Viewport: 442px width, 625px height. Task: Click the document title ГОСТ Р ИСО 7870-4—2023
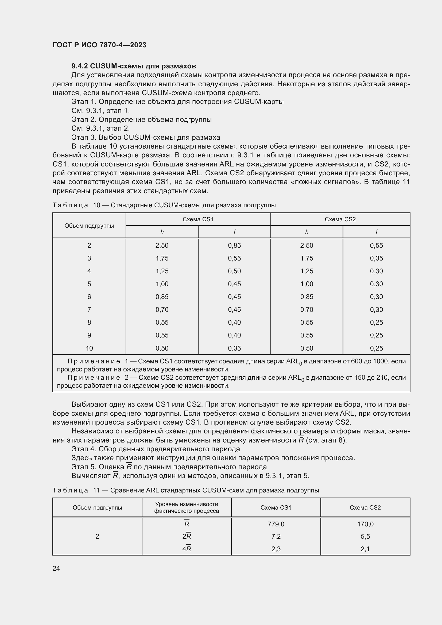click(99, 45)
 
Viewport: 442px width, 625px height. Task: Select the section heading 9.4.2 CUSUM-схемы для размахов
click(134, 66)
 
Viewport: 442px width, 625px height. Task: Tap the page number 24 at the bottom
click(56, 568)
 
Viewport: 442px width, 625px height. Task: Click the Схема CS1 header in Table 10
click(198, 219)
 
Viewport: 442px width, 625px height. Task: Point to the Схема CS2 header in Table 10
click(340, 219)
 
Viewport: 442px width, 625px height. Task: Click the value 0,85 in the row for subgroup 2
click(234, 246)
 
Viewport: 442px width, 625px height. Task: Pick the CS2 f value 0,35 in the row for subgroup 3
click(376, 258)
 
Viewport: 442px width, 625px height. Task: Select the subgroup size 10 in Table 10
click(89, 348)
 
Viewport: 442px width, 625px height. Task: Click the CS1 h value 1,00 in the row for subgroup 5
click(162, 284)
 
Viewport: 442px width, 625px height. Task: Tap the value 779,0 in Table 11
click(276, 524)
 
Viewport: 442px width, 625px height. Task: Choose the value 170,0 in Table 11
click(365, 524)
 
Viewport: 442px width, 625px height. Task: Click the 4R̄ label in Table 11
click(187, 549)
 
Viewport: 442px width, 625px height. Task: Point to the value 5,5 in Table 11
click(365, 537)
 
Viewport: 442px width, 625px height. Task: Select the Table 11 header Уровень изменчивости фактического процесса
click(187, 507)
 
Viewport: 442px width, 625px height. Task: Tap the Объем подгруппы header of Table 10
click(89, 226)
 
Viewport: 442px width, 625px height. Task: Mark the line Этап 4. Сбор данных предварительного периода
click(156, 449)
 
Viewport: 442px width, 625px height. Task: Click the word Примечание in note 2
click(94, 378)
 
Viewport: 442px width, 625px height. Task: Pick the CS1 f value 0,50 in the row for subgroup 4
click(234, 271)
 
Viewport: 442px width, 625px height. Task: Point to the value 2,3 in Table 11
click(276, 549)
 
